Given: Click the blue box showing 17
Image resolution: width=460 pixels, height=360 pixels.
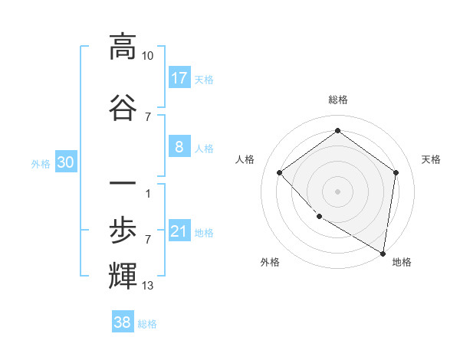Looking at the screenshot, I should (x=179, y=78).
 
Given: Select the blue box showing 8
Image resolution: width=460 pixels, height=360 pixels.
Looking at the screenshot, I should (x=179, y=147).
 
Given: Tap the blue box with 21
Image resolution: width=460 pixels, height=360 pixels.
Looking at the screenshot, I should (x=179, y=232).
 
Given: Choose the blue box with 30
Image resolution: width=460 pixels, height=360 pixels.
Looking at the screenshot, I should (x=65, y=163).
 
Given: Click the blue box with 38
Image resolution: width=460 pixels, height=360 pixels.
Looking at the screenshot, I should (x=123, y=323).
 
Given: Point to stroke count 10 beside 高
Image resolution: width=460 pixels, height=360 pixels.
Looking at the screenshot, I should (x=148, y=55).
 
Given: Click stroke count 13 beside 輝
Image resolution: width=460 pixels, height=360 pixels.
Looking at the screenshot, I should (x=148, y=286).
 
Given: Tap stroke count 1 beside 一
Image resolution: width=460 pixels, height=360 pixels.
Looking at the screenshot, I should (x=147, y=192).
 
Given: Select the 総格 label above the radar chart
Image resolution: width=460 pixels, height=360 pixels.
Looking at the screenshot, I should (x=337, y=100).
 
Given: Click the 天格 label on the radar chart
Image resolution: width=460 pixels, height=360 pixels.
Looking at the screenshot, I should (x=431, y=159).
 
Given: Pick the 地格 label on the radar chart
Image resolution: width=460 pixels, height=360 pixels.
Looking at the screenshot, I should (x=402, y=262).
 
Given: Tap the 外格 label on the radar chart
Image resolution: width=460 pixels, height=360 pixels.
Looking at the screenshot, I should (x=270, y=262).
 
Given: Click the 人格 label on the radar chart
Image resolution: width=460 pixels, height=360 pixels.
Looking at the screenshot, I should (x=245, y=159).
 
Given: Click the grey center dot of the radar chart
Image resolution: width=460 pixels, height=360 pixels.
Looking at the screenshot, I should (x=337, y=191).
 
